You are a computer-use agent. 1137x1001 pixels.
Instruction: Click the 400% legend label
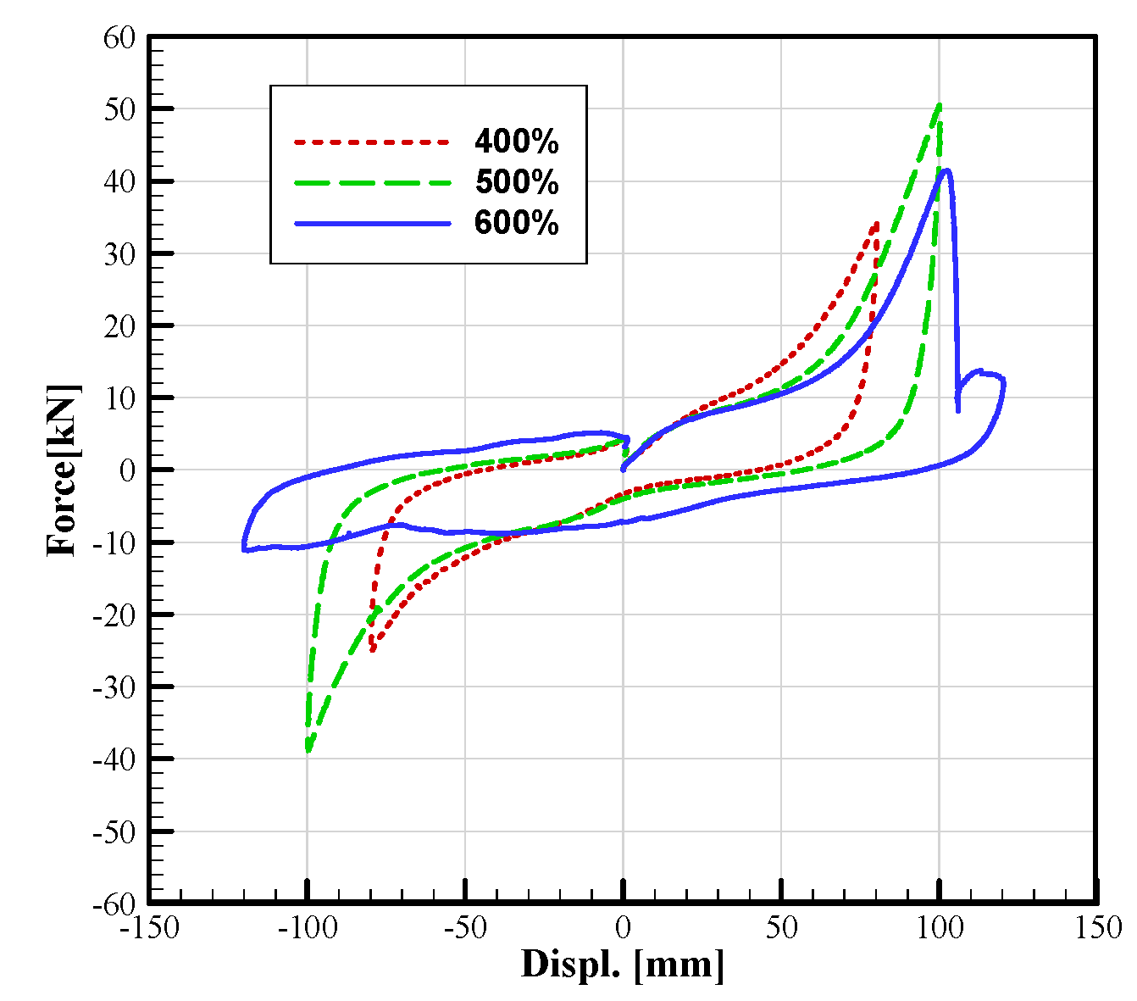point(516,142)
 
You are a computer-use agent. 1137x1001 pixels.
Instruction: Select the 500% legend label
point(516,182)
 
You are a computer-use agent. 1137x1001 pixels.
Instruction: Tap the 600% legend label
point(516,223)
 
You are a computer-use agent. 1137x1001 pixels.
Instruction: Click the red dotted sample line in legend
point(371,142)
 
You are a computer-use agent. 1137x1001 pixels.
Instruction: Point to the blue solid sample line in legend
point(371,223)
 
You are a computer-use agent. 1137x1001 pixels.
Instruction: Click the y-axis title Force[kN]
point(64,470)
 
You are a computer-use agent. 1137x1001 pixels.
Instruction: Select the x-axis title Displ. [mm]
point(623,965)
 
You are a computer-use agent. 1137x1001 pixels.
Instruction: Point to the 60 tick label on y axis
point(119,37)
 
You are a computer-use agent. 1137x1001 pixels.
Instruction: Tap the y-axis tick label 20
point(119,326)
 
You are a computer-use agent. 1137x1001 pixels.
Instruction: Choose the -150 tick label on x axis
point(149,928)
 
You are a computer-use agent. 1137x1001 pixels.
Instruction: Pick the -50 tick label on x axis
point(465,928)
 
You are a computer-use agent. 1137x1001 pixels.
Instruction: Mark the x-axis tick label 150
point(1096,928)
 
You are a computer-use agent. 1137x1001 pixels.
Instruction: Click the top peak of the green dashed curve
point(939,105)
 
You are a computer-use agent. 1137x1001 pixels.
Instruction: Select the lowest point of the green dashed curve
point(308,751)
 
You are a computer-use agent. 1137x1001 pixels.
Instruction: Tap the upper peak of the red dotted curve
point(875,224)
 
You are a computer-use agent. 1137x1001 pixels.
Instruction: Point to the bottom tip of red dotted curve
point(373,651)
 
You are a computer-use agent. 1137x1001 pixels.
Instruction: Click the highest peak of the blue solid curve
point(946,170)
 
